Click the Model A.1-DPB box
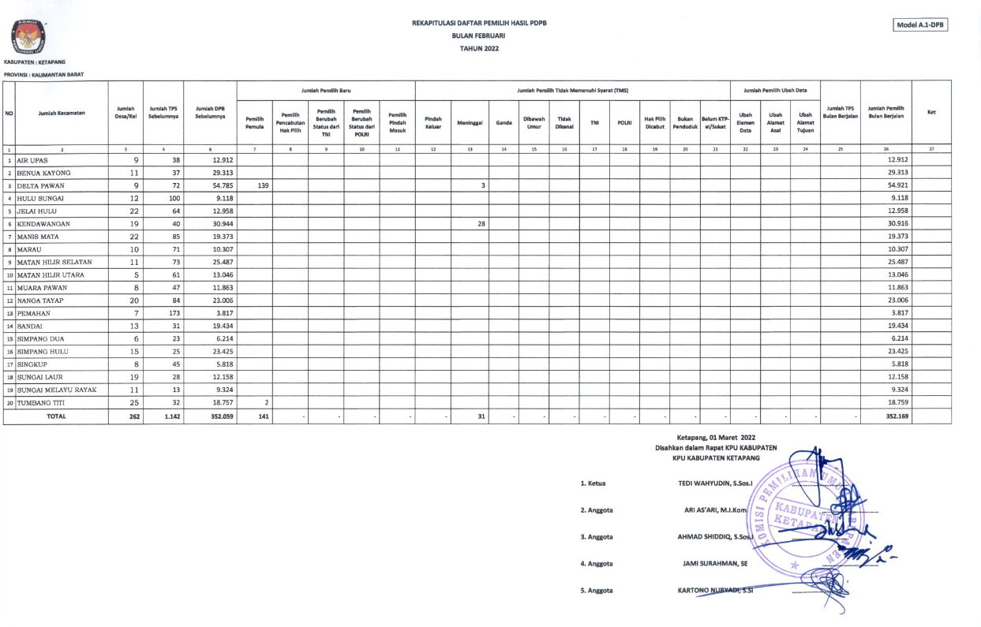920,25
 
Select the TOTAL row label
56,416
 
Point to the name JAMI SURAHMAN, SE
715,563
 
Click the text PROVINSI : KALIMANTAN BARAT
43,74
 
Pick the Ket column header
931,113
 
